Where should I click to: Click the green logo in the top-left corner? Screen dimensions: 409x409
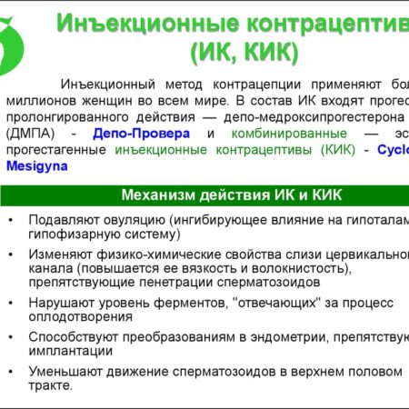18,34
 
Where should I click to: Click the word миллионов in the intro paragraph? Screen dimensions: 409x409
40,102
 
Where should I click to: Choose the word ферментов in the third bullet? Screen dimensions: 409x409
203,302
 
